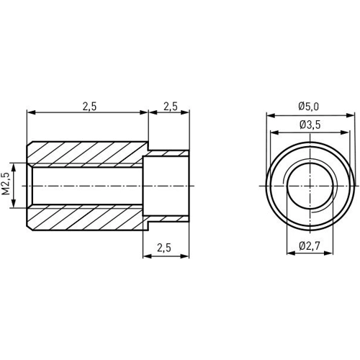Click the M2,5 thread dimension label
(6, 185)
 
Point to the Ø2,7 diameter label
(310, 247)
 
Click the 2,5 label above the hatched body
(89, 106)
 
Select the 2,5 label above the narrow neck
(170, 106)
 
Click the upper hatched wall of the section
(86, 153)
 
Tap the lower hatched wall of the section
(86, 217)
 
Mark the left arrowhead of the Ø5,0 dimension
(269, 114)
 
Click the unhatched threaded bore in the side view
(86, 185)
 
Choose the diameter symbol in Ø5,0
(301, 107)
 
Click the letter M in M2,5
(6, 194)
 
